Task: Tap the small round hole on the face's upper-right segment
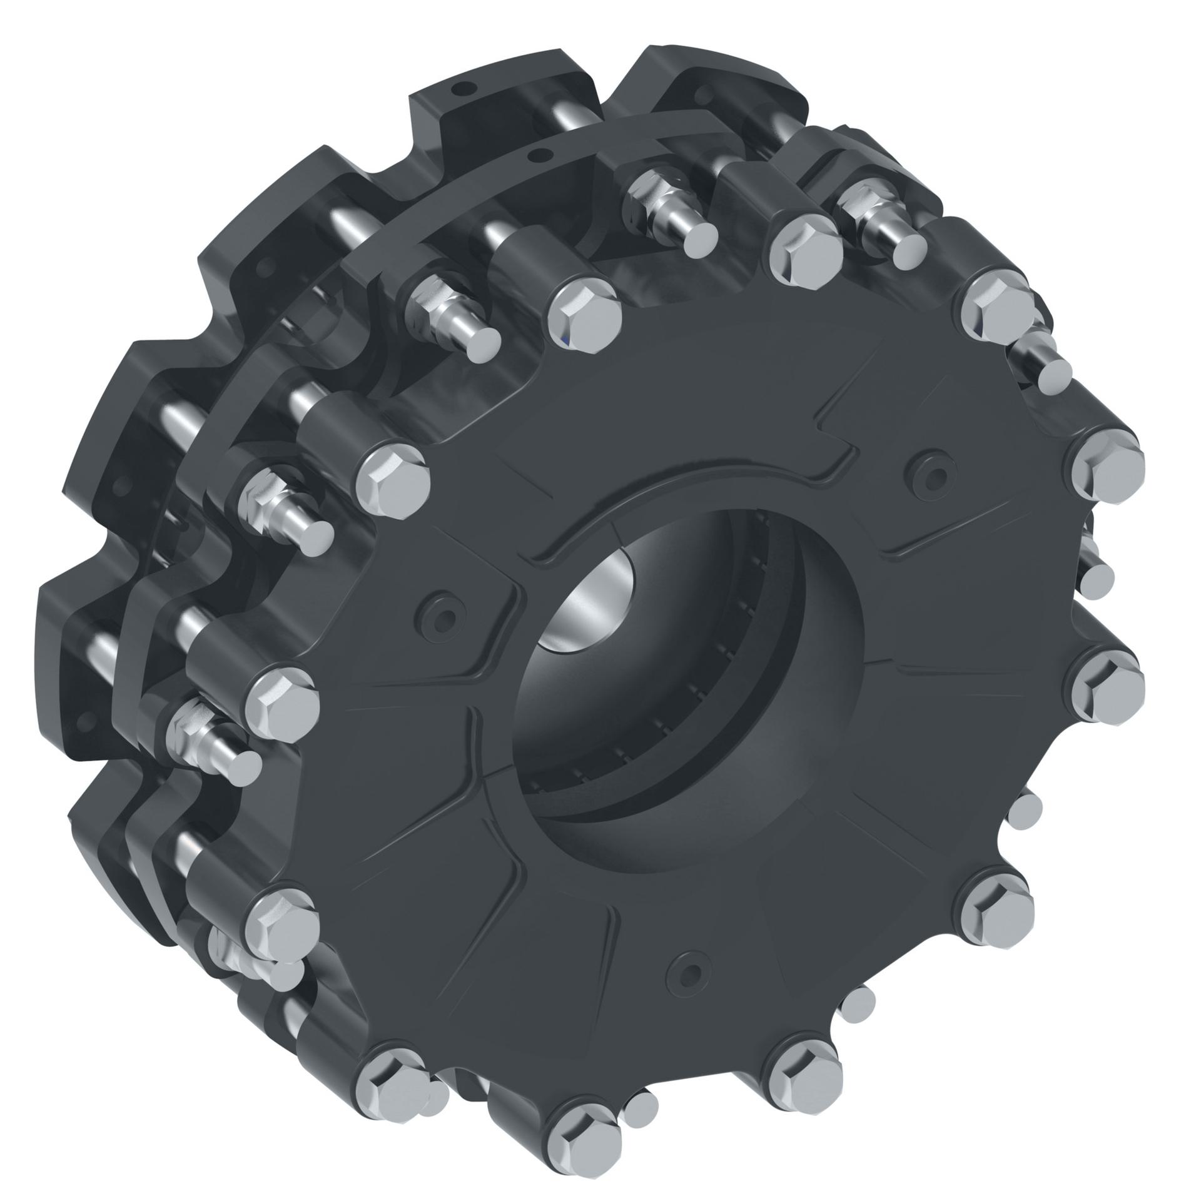(x=928, y=467)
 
